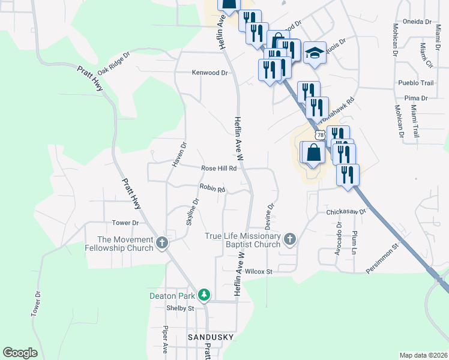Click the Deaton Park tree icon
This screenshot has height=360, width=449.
pos(205,295)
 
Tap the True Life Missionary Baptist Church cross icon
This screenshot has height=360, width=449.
pos(290,239)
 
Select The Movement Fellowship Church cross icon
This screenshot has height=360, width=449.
pos(161,243)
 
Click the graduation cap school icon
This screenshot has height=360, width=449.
pos(315,53)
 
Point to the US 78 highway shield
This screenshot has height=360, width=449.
pos(321,136)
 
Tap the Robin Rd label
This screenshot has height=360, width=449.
pos(212,189)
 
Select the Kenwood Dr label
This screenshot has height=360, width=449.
pos(210,73)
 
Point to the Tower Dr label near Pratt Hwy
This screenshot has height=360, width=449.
pos(125,223)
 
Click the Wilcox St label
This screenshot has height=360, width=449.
pos(259,271)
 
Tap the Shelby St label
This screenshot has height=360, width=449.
pos(181,308)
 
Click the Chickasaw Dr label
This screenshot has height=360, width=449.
pos(346,212)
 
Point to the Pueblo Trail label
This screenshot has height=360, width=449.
pos(415,83)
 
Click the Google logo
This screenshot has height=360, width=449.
pos(20,353)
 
